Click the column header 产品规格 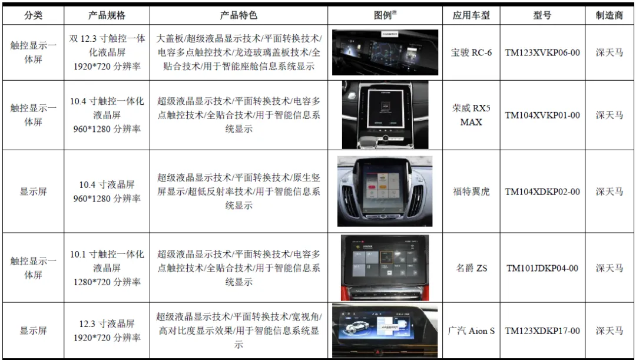point(107,15)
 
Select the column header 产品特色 point(238,15)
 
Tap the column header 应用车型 point(471,15)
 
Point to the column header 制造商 point(609,15)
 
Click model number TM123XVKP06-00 point(542,52)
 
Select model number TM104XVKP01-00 point(542,115)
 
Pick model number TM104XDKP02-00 point(542,191)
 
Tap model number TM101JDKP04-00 point(542,268)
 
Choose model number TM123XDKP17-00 point(542,331)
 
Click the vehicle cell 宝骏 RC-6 point(471,52)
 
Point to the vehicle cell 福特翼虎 point(471,191)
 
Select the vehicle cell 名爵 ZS point(471,268)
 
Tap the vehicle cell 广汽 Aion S point(471,331)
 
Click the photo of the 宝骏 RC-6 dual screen point(385,52)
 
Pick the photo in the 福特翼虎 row point(385,191)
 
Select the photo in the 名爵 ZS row point(385,267)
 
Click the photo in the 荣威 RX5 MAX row point(385,115)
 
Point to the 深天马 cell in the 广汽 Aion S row point(609,331)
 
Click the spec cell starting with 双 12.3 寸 point(107,52)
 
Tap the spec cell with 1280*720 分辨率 point(107,268)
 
